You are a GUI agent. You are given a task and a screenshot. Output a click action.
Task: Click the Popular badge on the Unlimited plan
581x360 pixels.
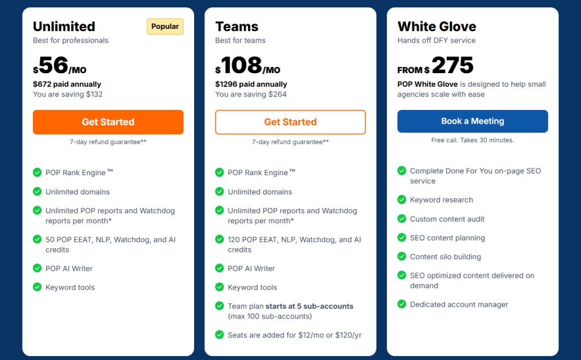pyautogui.click(x=165, y=27)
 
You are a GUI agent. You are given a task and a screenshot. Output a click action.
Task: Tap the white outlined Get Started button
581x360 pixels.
pyautogui.click(x=290, y=122)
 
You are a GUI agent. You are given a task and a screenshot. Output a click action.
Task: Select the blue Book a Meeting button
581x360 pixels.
pyautogui.click(x=473, y=121)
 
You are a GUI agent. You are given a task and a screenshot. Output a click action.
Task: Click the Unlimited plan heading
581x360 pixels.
pyautogui.click(x=64, y=27)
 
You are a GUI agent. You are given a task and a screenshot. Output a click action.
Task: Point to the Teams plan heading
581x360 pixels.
pyautogui.click(x=237, y=27)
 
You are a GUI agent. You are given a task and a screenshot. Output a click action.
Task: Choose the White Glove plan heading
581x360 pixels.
pyautogui.click(x=437, y=27)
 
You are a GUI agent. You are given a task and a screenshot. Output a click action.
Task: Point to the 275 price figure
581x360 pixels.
pyautogui.click(x=452, y=66)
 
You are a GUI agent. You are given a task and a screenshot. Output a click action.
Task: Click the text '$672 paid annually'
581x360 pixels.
pyautogui.click(x=67, y=84)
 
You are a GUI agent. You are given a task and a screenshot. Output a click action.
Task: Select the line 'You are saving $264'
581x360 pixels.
pyautogui.click(x=251, y=94)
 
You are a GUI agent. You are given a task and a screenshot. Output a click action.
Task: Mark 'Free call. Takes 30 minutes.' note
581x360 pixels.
pyautogui.click(x=473, y=140)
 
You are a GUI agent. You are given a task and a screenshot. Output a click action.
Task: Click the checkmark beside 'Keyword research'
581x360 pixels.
pyautogui.click(x=402, y=200)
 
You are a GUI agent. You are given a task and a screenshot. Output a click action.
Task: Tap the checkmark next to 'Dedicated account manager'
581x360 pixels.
pyautogui.click(x=402, y=304)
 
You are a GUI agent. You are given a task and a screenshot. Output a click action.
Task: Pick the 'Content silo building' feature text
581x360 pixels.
pyautogui.click(x=445, y=257)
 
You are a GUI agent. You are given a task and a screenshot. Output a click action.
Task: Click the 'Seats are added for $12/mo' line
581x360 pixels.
pyautogui.click(x=294, y=335)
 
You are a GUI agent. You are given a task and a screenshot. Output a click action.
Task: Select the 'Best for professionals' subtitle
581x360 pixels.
pyautogui.click(x=71, y=41)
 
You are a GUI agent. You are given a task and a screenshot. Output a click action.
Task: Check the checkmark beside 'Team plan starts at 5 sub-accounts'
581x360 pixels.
pyautogui.click(x=220, y=306)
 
